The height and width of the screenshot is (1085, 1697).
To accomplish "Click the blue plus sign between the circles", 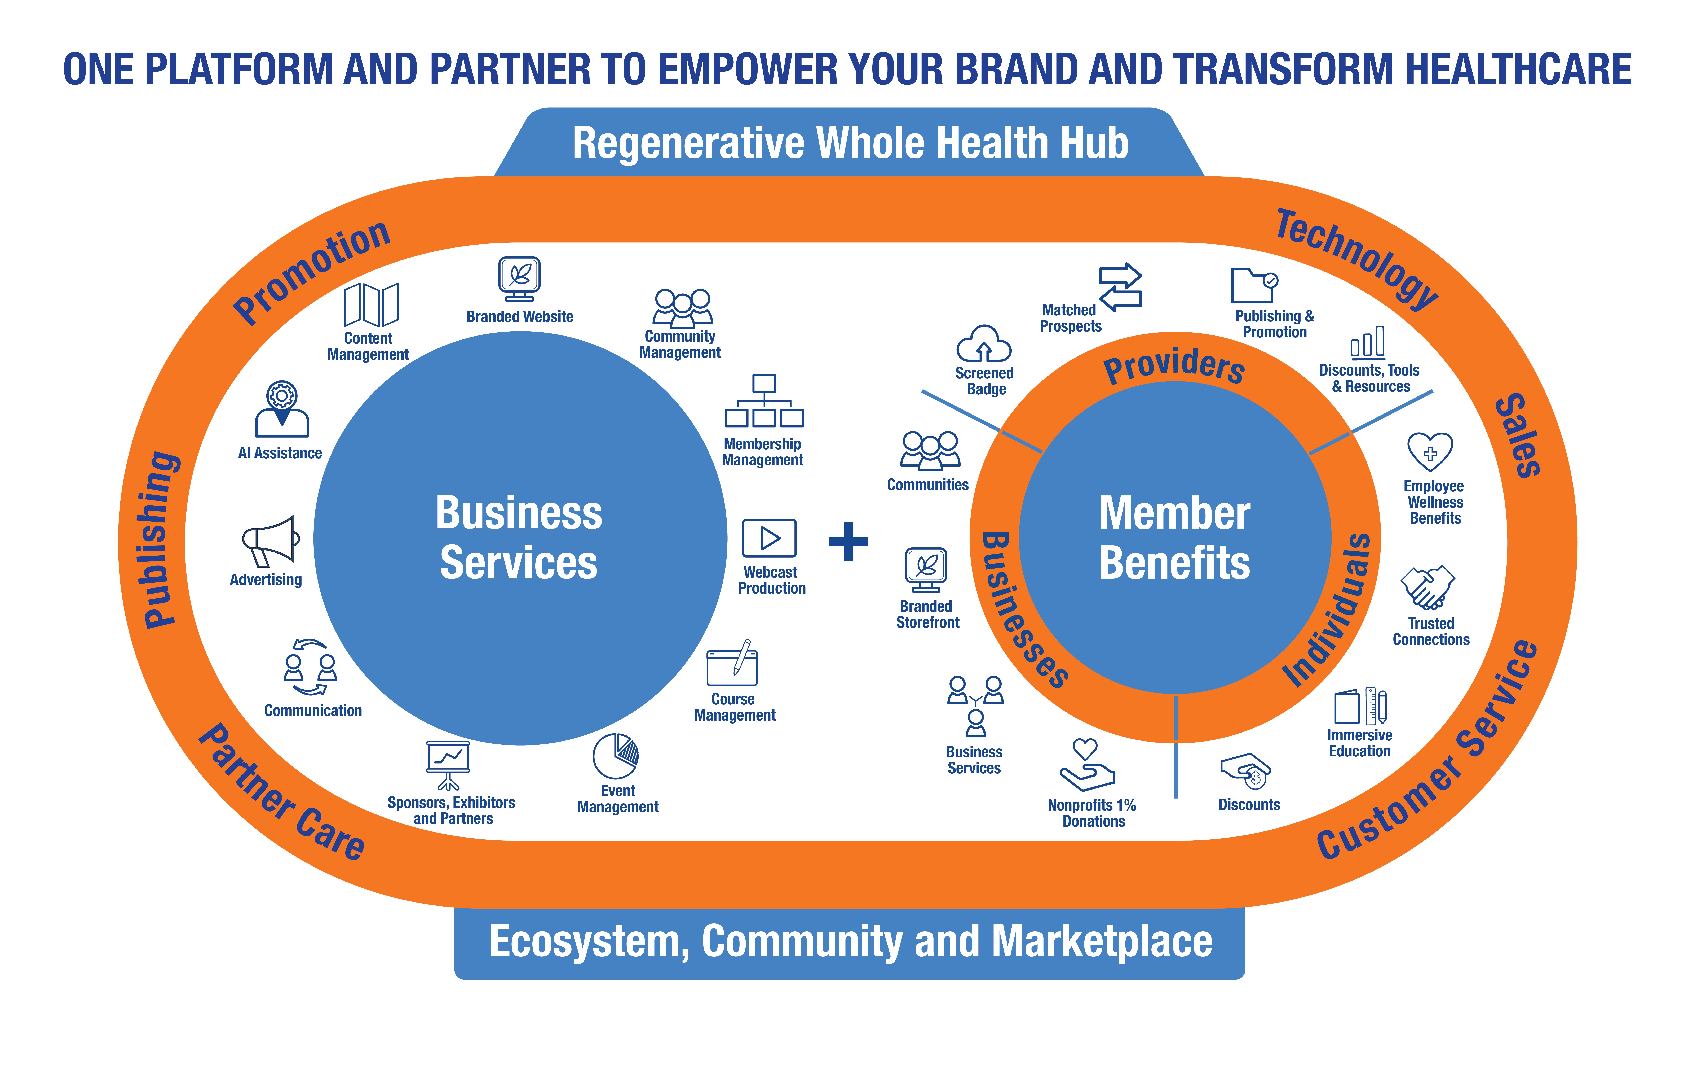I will click(848, 541).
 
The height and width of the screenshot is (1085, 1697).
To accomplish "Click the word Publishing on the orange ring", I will click(161, 539).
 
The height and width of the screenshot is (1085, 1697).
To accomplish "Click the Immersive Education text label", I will click(1359, 743).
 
